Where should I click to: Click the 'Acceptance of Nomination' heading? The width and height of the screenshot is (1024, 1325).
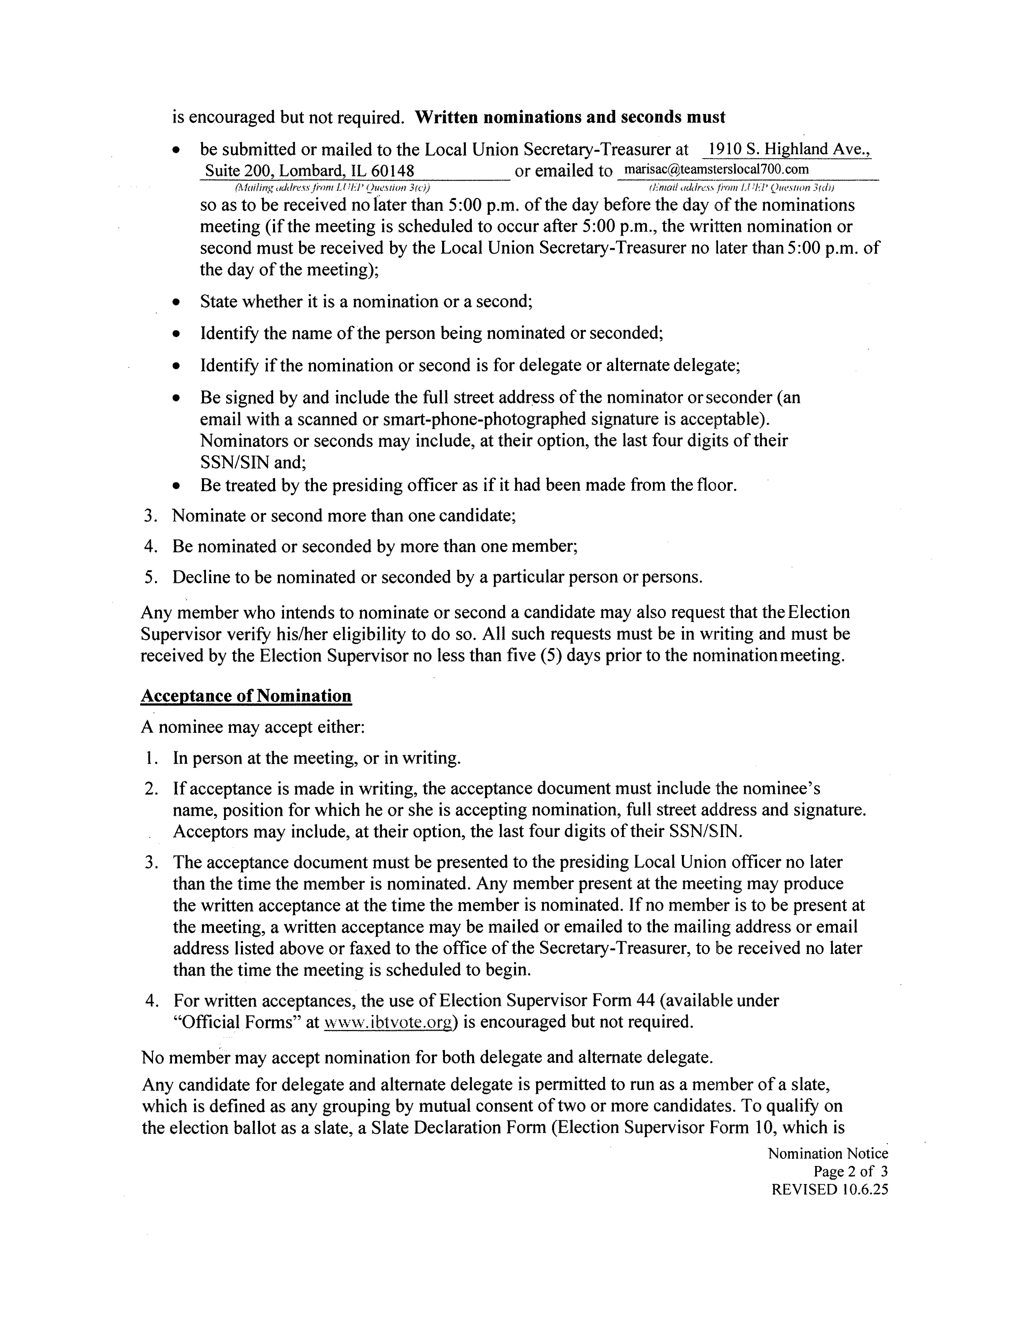tap(246, 695)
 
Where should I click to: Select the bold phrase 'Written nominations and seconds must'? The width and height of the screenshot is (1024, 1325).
tap(570, 116)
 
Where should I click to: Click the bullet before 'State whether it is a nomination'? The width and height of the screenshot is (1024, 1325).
tap(176, 302)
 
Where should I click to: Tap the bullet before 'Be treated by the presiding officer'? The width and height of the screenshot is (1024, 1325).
tap(176, 486)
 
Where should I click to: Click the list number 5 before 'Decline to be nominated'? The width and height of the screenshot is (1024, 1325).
tap(149, 577)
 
